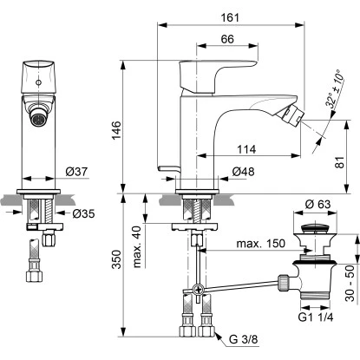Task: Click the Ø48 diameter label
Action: [x=242, y=173]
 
